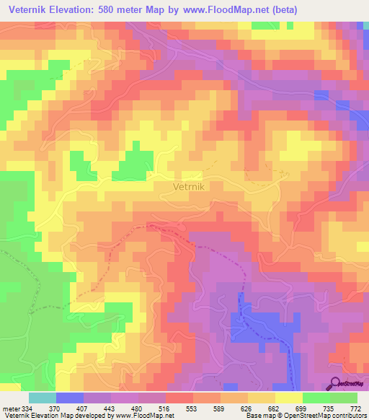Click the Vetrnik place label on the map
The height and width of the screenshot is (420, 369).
(x=192, y=186)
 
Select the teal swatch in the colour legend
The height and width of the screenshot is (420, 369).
(x=43, y=398)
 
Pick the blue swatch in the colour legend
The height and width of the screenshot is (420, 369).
(x=70, y=398)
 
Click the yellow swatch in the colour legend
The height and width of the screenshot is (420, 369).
(x=289, y=398)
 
